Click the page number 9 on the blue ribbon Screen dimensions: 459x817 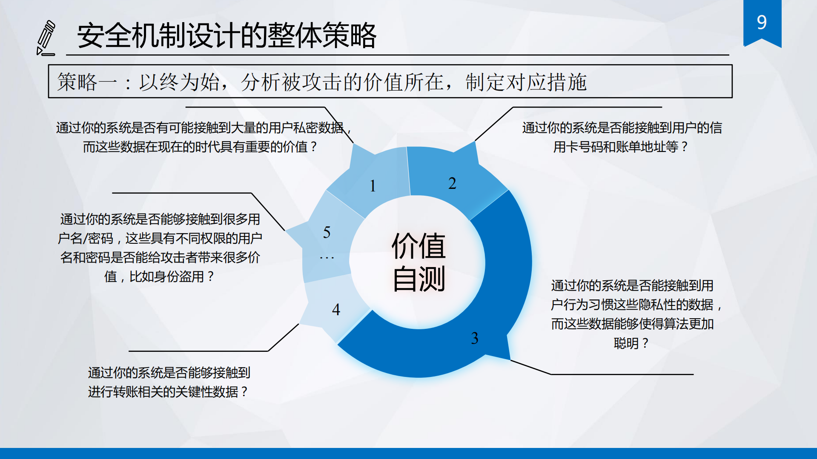(x=762, y=22)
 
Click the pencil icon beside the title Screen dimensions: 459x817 (x=46, y=38)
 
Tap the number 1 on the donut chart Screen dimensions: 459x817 (x=373, y=186)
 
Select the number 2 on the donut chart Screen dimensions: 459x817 (x=452, y=183)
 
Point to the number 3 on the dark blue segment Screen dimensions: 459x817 (x=474, y=338)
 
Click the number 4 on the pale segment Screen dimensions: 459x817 (x=336, y=309)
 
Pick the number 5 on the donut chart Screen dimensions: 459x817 (x=327, y=232)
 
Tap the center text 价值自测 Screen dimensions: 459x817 (x=418, y=262)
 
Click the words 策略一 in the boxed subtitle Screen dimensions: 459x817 (x=87, y=82)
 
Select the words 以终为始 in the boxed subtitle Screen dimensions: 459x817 (x=179, y=82)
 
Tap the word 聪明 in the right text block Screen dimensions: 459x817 (x=626, y=343)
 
